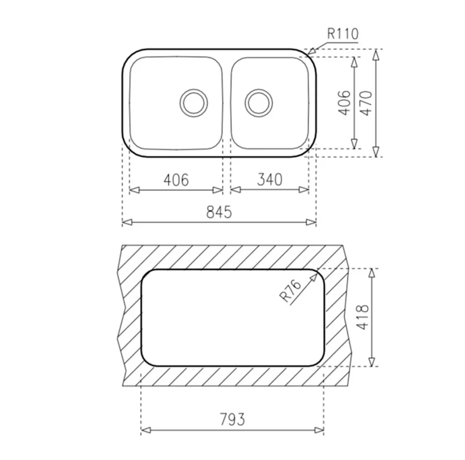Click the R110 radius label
point(343,34)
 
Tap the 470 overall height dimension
point(367,103)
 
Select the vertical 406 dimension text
point(345,103)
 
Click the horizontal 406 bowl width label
point(176,180)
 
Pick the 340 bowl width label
point(270,179)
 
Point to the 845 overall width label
point(219,212)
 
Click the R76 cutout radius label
point(289,292)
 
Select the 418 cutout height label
point(363,317)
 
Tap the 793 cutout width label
point(233,419)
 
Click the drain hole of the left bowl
point(194,103)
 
